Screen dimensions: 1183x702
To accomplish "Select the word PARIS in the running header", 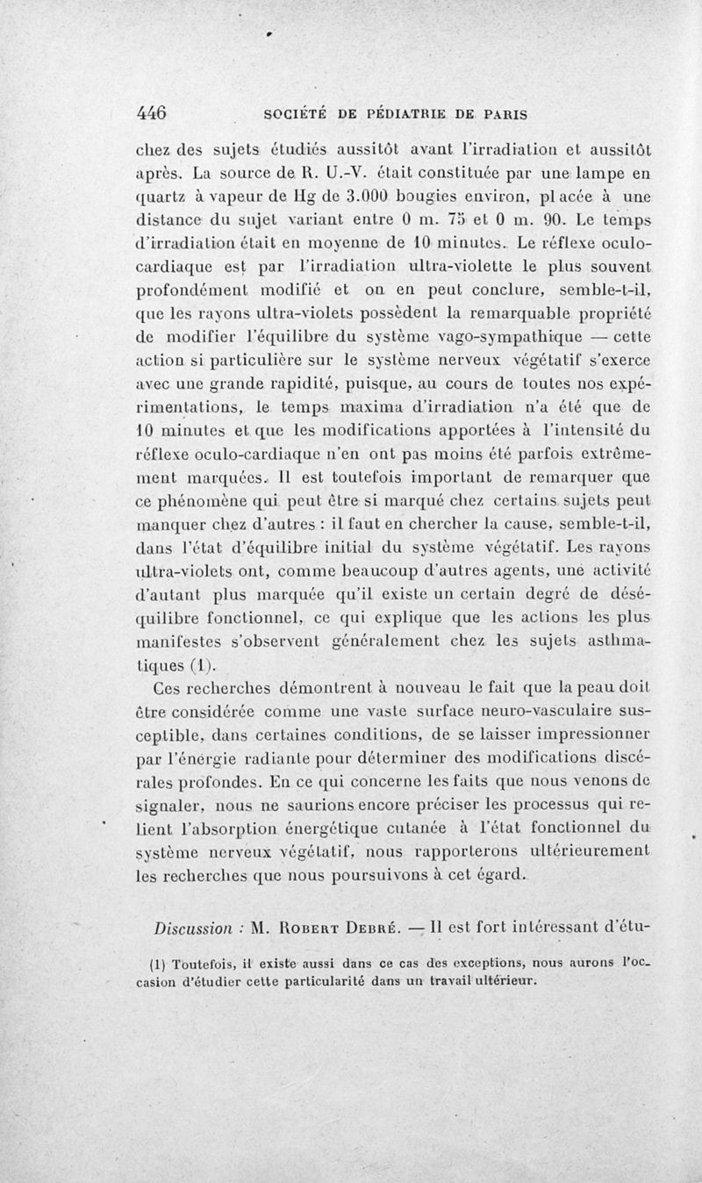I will pyautogui.click(x=499, y=114).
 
